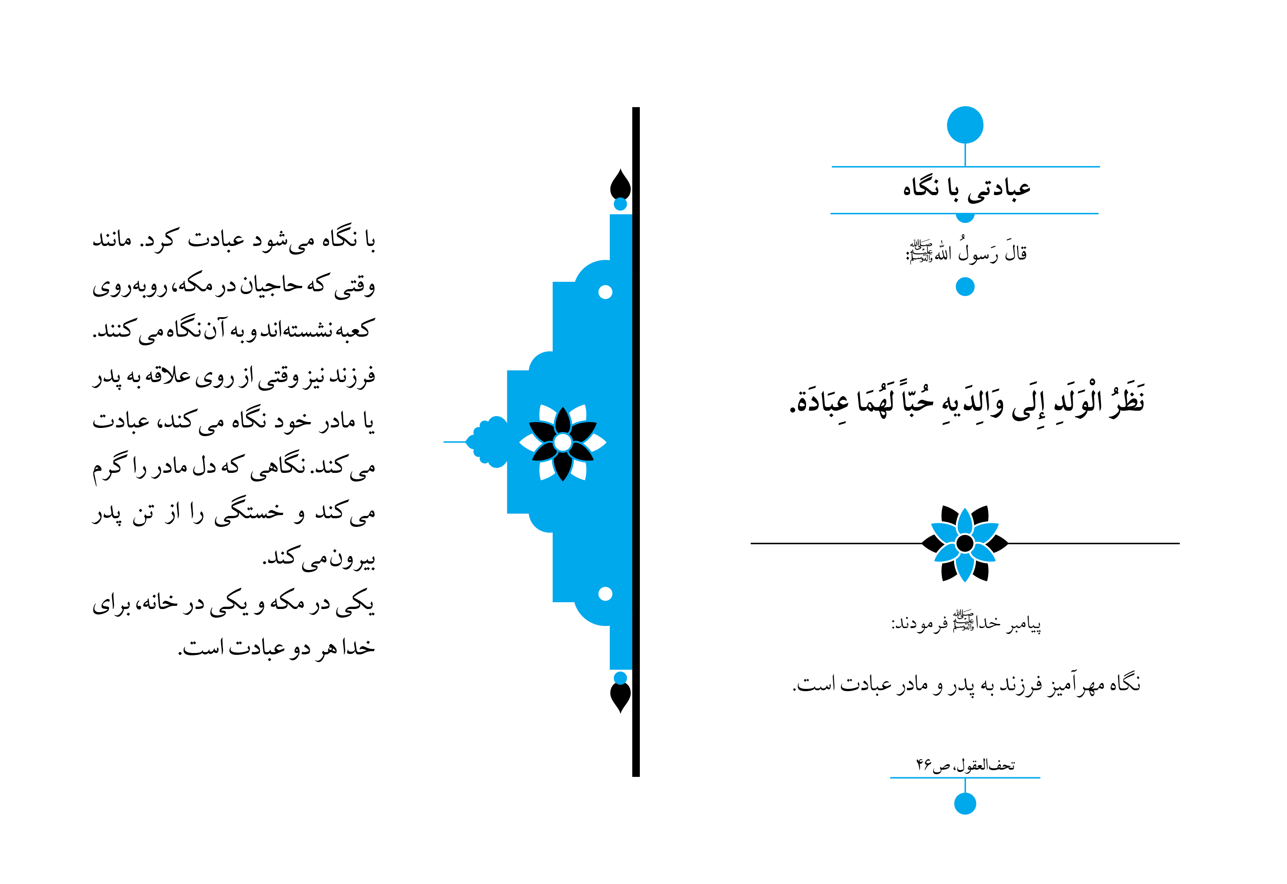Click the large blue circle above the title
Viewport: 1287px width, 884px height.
coord(965,125)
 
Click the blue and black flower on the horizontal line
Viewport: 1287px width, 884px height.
coord(965,543)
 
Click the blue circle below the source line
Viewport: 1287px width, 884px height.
coord(965,804)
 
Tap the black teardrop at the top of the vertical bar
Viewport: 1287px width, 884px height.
coord(620,184)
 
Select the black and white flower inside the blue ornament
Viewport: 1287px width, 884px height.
coord(563,442)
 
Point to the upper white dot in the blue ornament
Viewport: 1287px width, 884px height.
coord(605,292)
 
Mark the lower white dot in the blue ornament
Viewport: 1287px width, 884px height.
coord(605,594)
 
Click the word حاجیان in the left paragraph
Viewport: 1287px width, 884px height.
coord(271,285)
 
